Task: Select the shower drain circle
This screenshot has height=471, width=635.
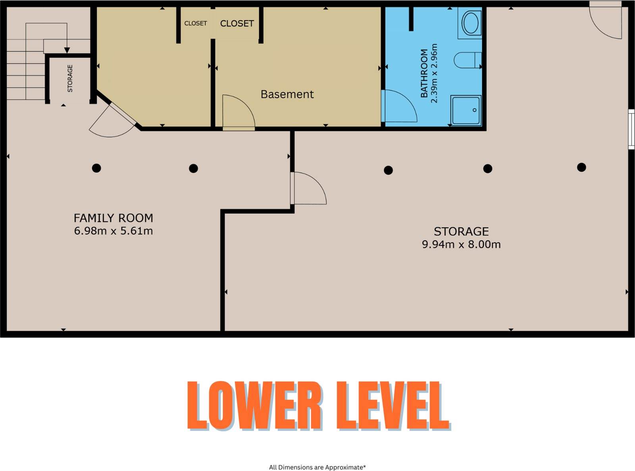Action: pos(474,110)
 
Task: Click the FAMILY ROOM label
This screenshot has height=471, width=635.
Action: pos(114,218)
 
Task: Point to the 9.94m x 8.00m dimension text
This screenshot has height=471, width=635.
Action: pos(461,244)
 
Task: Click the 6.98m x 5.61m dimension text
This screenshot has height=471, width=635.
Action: pos(114,231)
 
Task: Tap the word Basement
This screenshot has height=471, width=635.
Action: pos(287,94)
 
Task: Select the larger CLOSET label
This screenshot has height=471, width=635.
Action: pos(237,23)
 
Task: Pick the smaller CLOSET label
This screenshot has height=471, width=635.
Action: pos(196,23)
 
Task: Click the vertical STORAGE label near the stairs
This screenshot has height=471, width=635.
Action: pos(70,79)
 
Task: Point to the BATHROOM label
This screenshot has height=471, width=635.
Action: pos(424,73)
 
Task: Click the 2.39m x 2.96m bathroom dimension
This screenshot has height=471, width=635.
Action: pos(434,73)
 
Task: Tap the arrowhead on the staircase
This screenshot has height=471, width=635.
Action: pos(67,50)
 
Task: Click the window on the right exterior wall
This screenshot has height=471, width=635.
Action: pos(631,129)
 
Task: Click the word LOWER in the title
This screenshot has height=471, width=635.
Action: pos(255,406)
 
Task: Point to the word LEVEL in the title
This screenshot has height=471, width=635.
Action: pos(393,406)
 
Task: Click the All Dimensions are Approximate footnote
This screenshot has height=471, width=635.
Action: pos(317,467)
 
